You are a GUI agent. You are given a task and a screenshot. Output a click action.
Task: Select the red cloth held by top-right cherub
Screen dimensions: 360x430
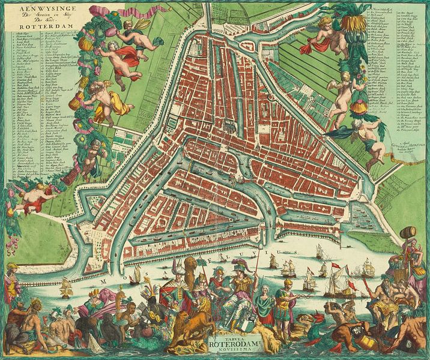[313, 44]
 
